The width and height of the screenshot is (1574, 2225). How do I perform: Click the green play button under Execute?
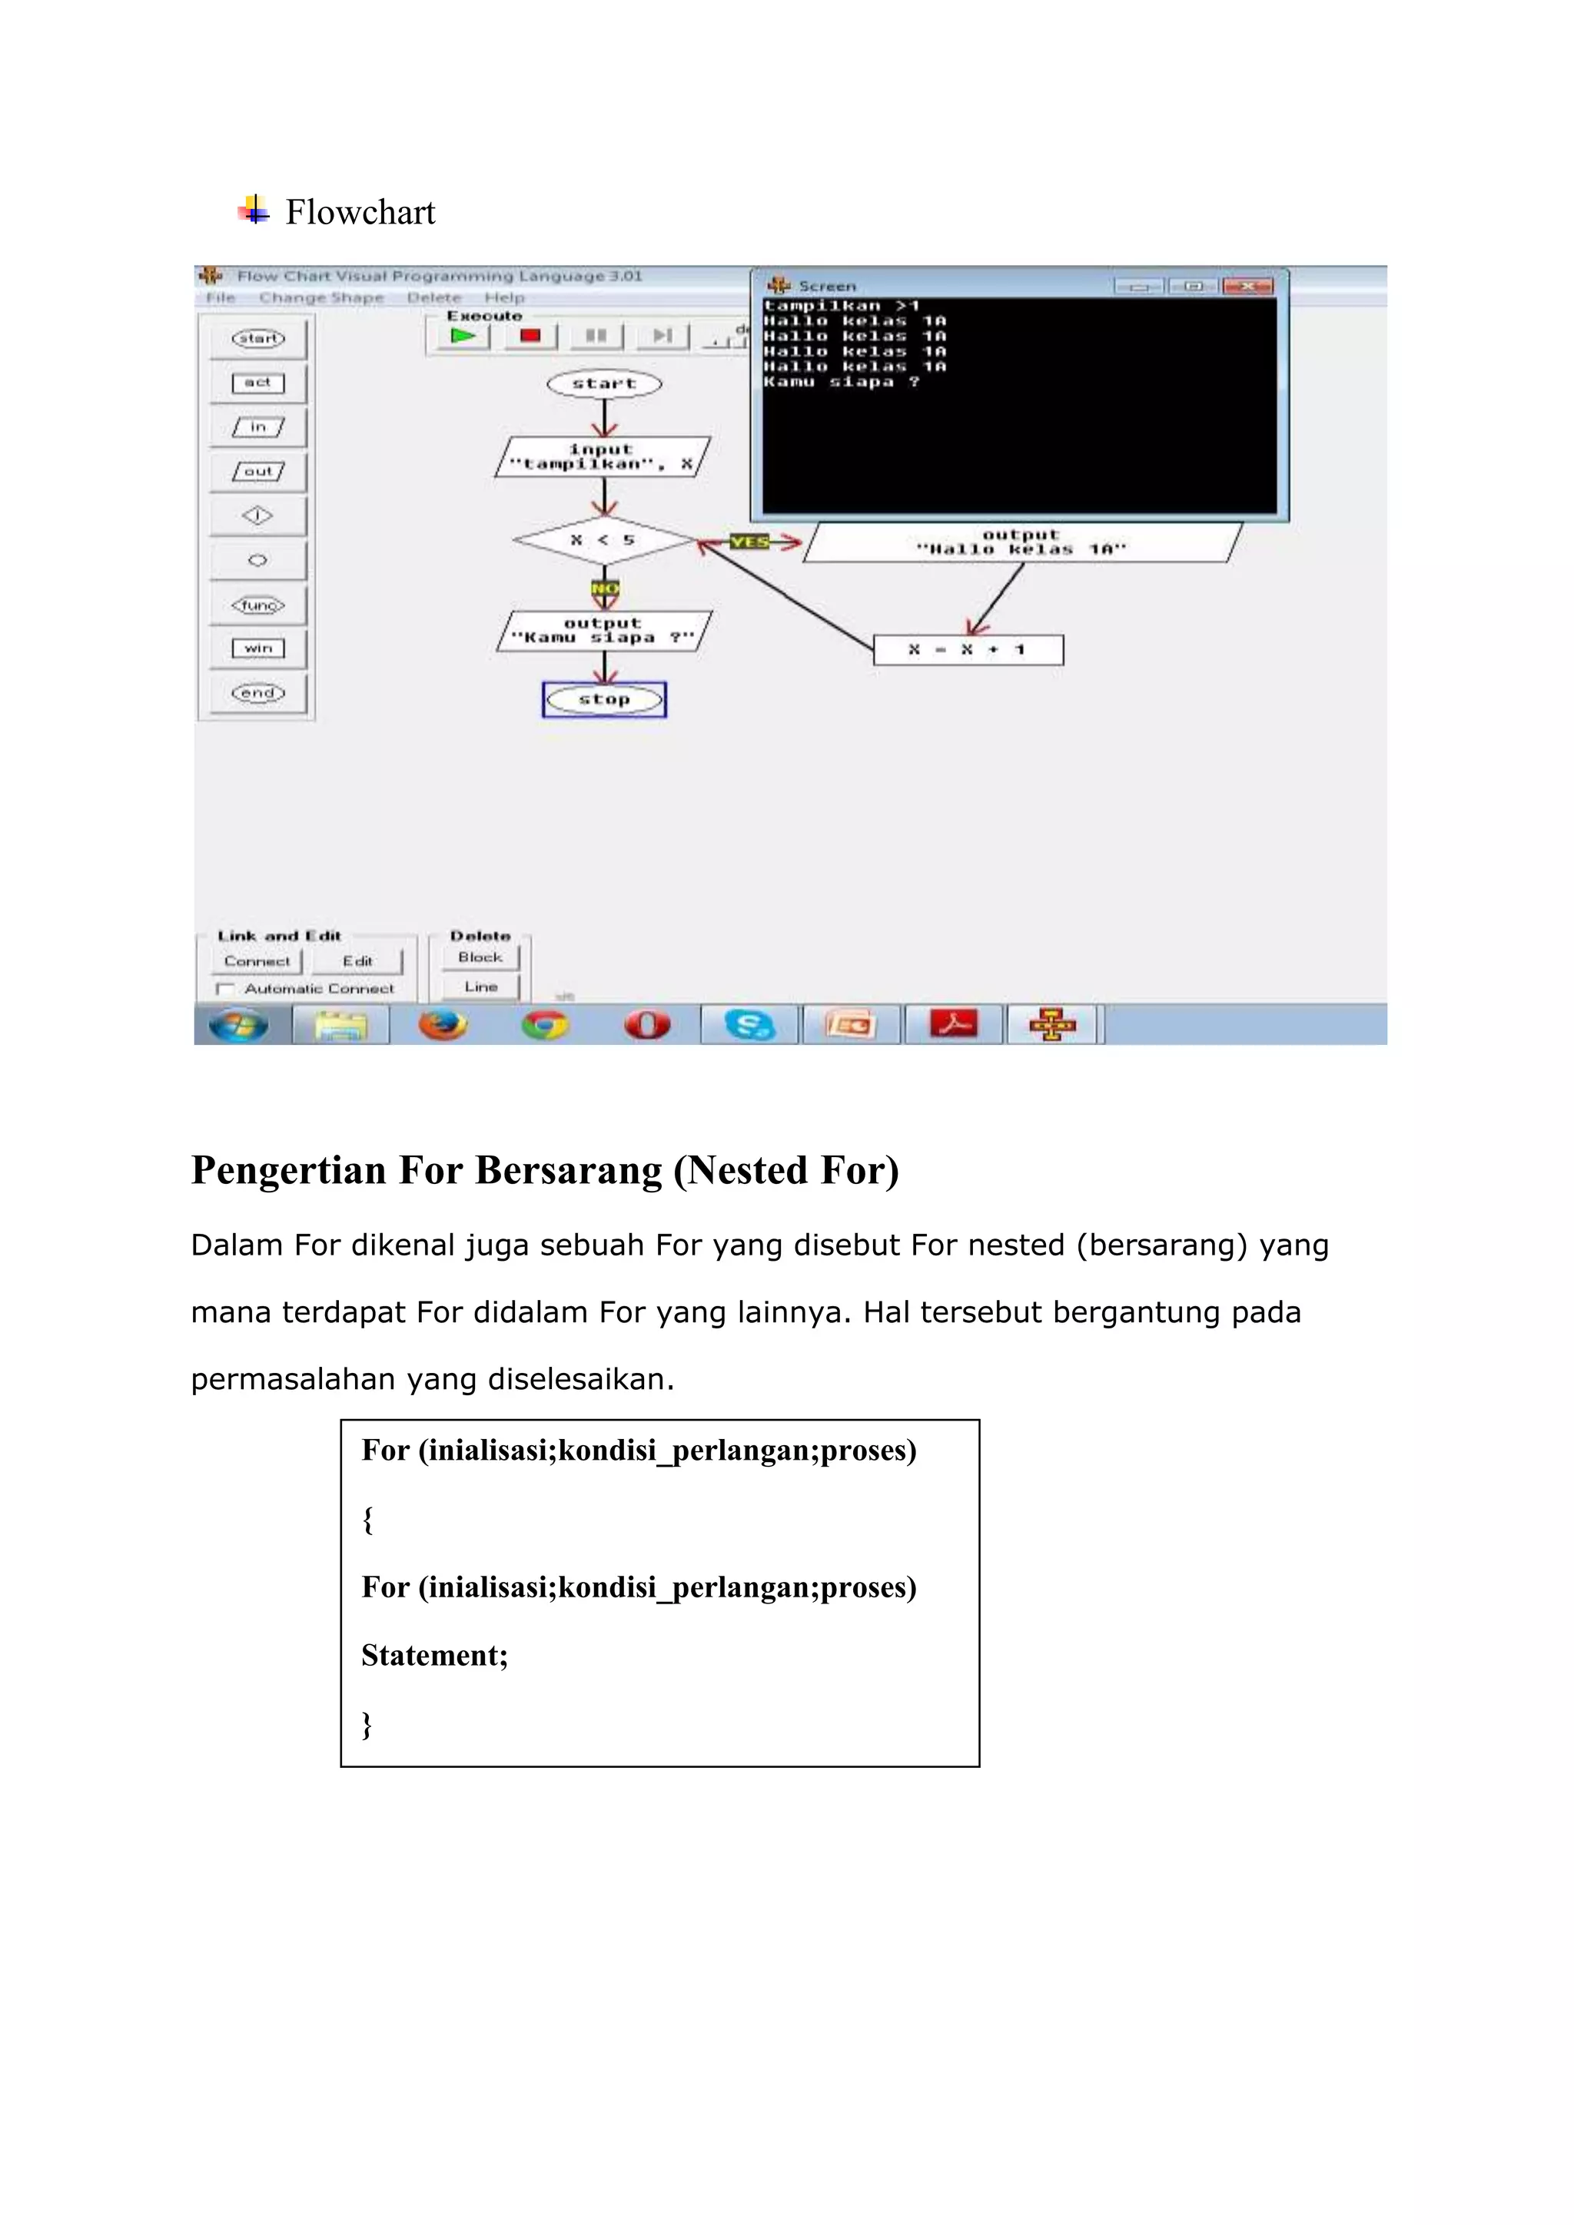click(463, 337)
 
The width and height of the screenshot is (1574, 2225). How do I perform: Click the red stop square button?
click(530, 337)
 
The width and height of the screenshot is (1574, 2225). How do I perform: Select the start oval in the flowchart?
click(604, 383)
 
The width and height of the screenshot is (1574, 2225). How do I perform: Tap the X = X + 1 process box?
click(968, 650)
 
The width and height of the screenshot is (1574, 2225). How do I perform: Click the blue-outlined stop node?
click(604, 700)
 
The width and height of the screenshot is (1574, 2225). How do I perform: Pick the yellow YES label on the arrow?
click(749, 542)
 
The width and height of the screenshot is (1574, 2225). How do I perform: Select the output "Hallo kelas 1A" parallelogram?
click(1021, 542)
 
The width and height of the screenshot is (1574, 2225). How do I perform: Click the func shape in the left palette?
click(257, 605)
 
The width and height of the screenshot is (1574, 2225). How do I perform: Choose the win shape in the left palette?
click(257, 648)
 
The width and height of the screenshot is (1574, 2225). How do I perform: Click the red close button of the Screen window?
click(1247, 286)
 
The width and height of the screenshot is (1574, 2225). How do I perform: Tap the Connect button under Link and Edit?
click(257, 961)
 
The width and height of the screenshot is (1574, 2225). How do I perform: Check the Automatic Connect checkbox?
click(225, 989)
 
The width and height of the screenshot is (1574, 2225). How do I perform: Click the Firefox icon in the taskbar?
click(443, 1024)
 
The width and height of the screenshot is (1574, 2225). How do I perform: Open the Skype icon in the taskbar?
click(749, 1024)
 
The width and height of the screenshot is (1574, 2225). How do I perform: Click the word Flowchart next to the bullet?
click(360, 212)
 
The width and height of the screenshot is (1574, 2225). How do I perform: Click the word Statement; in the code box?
click(434, 1655)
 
